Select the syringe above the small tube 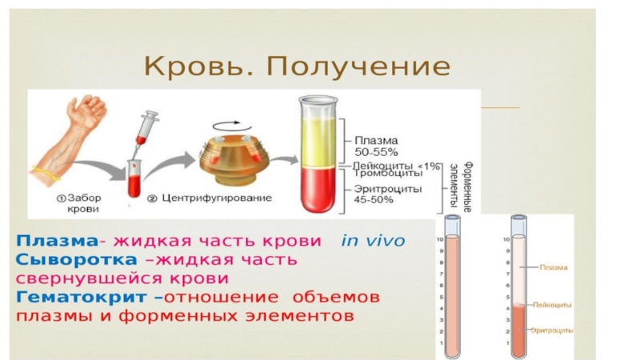tap(145, 128)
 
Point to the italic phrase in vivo tap(374, 241)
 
